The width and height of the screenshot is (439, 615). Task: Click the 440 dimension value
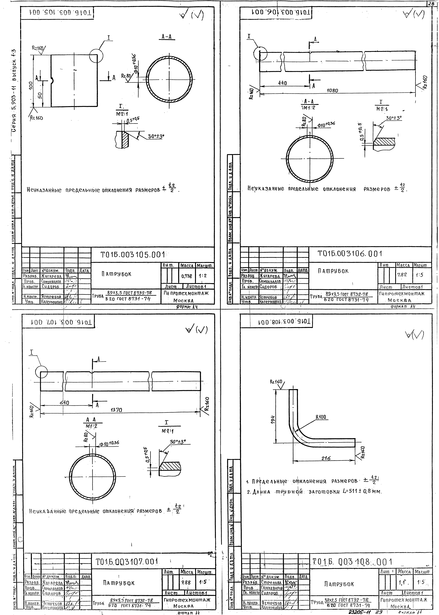(282, 83)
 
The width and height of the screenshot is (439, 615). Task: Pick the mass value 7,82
(402, 275)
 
